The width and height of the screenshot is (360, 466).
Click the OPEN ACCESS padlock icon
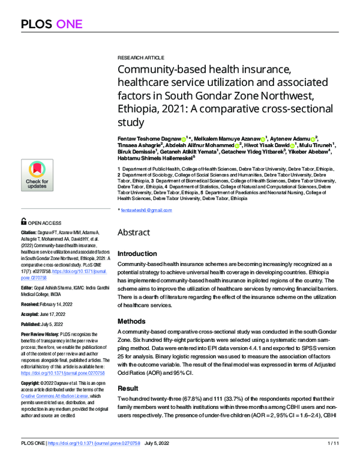click(23, 222)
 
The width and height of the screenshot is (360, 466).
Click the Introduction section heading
click(140, 254)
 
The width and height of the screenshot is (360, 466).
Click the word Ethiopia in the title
click(139, 110)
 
